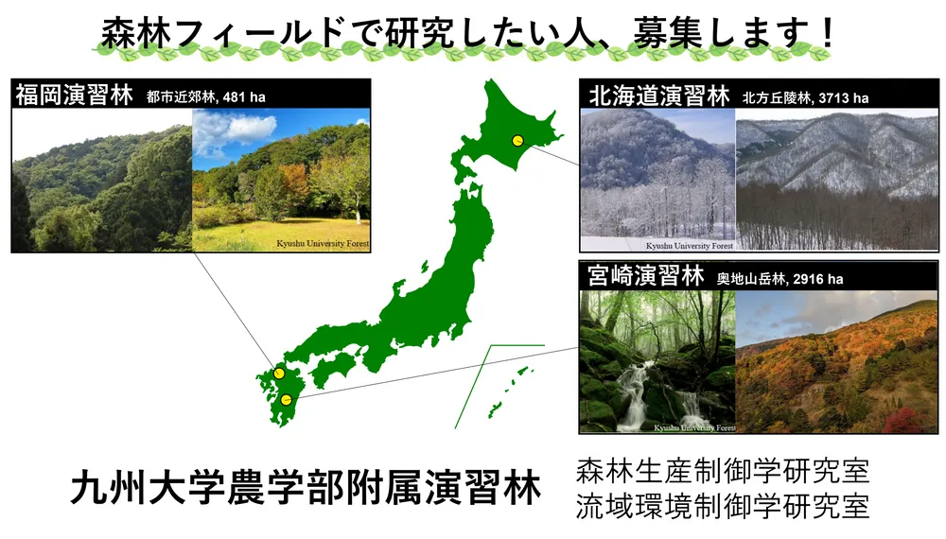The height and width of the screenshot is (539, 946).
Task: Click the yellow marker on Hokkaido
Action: (517, 141)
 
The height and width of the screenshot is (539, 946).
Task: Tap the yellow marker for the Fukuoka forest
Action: (279, 374)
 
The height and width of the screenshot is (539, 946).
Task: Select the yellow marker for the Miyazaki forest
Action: (287, 399)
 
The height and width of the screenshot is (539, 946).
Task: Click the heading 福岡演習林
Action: (74, 96)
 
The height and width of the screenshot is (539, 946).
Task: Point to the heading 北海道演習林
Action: (658, 96)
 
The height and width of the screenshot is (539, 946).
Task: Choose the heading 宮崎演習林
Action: (645, 276)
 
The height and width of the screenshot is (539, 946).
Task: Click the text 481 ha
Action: (244, 97)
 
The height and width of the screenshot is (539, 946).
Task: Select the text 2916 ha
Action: (818, 279)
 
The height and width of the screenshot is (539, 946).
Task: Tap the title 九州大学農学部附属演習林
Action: (306, 488)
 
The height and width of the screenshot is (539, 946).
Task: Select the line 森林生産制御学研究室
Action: (723, 471)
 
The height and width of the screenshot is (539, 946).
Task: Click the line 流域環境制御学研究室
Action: (723, 507)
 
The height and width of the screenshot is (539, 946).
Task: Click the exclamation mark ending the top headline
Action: (827, 32)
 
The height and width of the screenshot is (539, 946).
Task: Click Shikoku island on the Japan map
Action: (333, 367)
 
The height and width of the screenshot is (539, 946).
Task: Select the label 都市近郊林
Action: (181, 97)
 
